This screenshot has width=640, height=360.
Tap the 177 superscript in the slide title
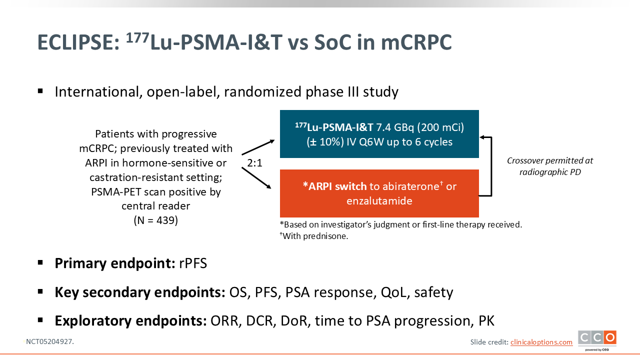click(x=137, y=37)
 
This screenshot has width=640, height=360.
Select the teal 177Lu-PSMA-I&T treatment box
click(x=379, y=134)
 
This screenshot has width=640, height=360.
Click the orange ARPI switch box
click(x=379, y=193)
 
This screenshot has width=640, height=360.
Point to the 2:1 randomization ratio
click(x=254, y=163)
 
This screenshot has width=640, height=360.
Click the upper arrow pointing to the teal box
click(x=258, y=147)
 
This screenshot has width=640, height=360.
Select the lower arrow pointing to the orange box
click(x=256, y=178)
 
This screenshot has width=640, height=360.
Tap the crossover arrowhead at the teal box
click(x=482, y=137)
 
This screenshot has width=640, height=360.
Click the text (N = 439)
click(x=155, y=220)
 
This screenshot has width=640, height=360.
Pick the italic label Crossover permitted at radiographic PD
click(x=550, y=166)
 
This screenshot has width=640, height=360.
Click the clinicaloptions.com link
click(x=541, y=342)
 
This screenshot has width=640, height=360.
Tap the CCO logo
click(x=597, y=340)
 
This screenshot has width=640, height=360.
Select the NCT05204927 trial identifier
click(x=49, y=341)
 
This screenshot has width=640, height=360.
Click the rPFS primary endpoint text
click(x=193, y=263)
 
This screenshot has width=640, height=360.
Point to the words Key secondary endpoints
click(x=140, y=292)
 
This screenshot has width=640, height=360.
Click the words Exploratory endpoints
click(x=131, y=321)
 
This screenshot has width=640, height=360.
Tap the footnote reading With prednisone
click(x=314, y=236)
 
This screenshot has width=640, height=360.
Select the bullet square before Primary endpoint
click(x=40, y=262)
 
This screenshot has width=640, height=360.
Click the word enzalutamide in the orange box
click(x=379, y=201)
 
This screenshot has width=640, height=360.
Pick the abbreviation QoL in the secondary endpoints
click(x=393, y=292)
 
